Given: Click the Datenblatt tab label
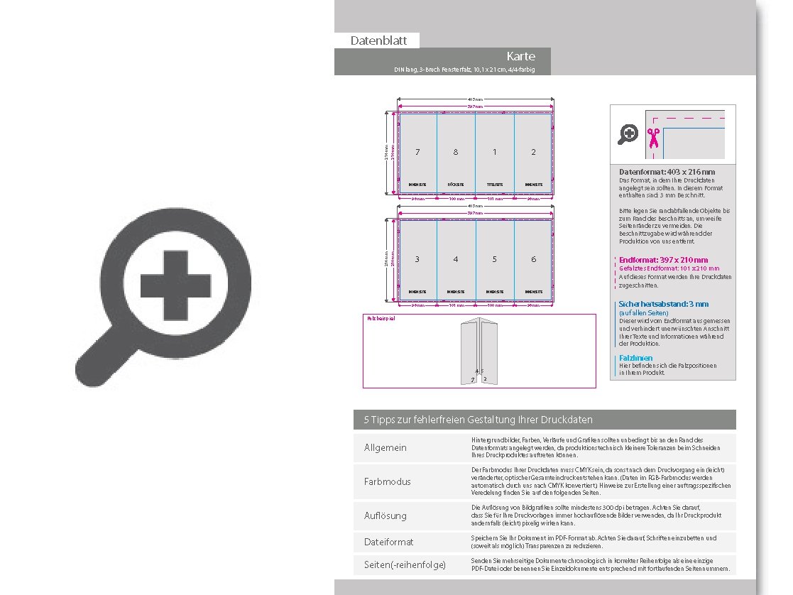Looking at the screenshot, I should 378,40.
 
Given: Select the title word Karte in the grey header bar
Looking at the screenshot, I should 520,56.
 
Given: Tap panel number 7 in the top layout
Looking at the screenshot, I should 417,152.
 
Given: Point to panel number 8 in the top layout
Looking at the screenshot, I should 456,152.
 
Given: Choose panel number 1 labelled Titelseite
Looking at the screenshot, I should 495,152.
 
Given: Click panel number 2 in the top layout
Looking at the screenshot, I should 534,152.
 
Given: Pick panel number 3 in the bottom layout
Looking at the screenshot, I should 417,259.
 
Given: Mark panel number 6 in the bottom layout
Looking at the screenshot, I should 534,259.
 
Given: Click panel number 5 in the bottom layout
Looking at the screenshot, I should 495,259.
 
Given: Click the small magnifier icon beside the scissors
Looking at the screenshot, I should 628,133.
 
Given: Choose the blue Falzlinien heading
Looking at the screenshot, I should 635,358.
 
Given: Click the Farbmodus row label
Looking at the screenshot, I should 387,481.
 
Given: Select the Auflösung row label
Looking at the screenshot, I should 385,515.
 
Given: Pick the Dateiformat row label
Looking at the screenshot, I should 388,542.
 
